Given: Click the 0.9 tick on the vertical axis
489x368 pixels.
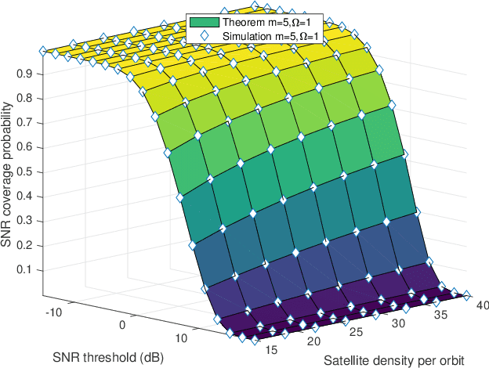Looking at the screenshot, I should [29, 73].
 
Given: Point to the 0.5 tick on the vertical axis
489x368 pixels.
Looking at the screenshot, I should [29, 171].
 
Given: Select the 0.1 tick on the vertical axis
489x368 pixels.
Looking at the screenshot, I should [29, 269].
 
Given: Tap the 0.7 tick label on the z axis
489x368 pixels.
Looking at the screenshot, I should [29, 122].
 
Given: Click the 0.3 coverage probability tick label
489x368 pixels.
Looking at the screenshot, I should [29, 220].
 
